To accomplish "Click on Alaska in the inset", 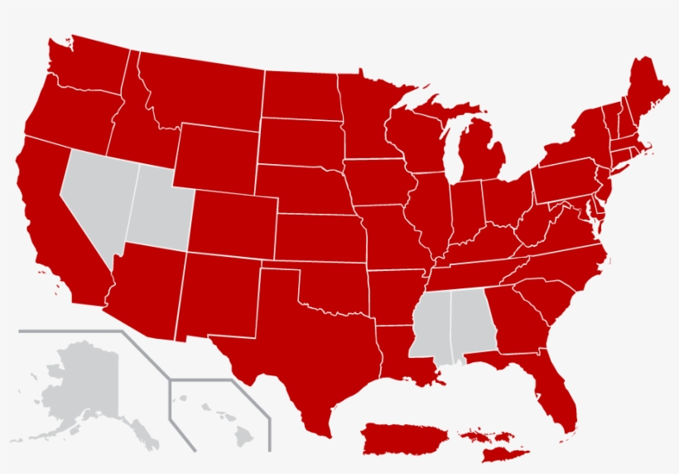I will click(79, 389).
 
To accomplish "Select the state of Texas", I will click(306, 356).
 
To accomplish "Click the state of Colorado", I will click(232, 222).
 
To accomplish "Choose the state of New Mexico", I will click(219, 294).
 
